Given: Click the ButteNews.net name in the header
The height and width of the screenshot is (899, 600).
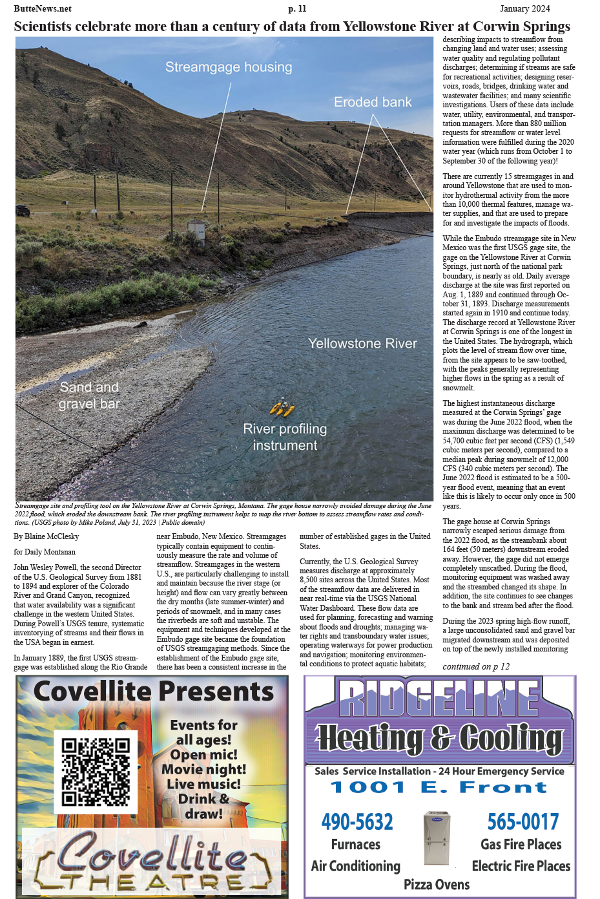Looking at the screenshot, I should pyautogui.click(x=43, y=8).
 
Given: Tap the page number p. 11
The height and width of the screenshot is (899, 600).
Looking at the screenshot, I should pyautogui.click(x=297, y=8).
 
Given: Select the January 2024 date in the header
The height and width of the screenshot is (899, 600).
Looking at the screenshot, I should pyautogui.click(x=524, y=8).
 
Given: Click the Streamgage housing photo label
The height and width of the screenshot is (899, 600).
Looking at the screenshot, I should pyautogui.click(x=229, y=67).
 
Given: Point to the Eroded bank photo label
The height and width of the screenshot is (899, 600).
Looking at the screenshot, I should pyautogui.click(x=373, y=102).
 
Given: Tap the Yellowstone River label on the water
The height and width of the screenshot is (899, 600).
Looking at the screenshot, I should pyautogui.click(x=362, y=343).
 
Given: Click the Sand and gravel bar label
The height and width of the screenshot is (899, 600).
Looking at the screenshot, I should pyautogui.click(x=89, y=396).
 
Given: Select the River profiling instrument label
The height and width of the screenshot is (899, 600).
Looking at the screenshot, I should pyautogui.click(x=285, y=437).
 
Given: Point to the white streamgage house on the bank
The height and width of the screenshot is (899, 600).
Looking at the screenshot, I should pyautogui.click(x=196, y=229).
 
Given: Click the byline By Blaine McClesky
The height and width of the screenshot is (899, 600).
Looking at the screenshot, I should pyautogui.click(x=47, y=536).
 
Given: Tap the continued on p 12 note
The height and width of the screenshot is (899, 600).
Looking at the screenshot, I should pyautogui.click(x=476, y=666).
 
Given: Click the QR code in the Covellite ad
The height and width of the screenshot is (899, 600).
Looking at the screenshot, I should pyautogui.click(x=96, y=772).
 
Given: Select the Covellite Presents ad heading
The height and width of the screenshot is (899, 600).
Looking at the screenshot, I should pyautogui.click(x=154, y=692).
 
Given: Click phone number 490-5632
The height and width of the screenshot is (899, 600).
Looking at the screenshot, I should pyautogui.click(x=357, y=821).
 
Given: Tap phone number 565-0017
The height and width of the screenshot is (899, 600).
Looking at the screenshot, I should pyautogui.click(x=522, y=821).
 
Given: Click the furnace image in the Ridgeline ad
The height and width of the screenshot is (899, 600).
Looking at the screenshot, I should pyautogui.click(x=437, y=838).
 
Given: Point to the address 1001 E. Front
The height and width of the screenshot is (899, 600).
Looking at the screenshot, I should pyautogui.click(x=439, y=787).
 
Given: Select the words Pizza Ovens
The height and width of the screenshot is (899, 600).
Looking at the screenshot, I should pyautogui.click(x=437, y=884).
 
